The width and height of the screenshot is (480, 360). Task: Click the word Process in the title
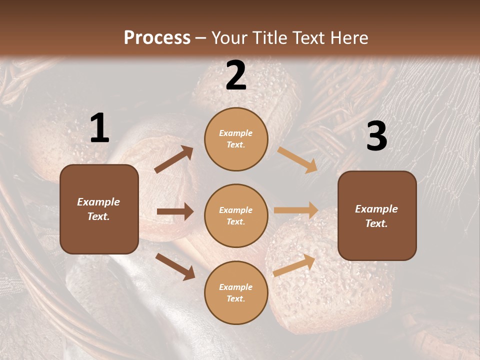[x=157, y=37]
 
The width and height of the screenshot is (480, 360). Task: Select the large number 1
[x=99, y=128]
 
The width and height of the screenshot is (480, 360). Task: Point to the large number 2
[x=236, y=76]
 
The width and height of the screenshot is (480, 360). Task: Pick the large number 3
[x=376, y=136]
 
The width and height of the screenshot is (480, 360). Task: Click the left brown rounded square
[x=99, y=209]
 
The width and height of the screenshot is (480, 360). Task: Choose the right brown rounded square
[x=377, y=216]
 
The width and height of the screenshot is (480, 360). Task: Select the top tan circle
[x=236, y=139]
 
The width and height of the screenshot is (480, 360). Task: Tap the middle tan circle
[x=236, y=215]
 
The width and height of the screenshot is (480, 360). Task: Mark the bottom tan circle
[x=236, y=292]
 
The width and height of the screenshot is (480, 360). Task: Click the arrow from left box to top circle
[x=174, y=159]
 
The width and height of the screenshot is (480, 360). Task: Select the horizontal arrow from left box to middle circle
[x=175, y=211]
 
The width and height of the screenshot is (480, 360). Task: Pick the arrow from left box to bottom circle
[x=175, y=266]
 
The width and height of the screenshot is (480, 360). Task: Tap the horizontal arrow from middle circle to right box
[x=296, y=210]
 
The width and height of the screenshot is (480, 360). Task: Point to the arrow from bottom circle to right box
[x=294, y=265]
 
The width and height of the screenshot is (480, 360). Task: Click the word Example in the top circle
[x=236, y=133]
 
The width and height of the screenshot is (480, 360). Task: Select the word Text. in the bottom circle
[x=236, y=298]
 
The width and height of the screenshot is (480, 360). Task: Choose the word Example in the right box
[x=376, y=209]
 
